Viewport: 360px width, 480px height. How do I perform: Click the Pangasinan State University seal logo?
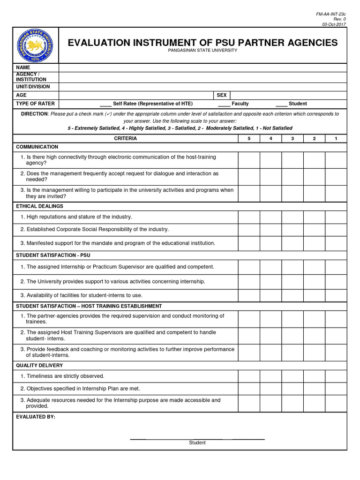[x=35, y=45]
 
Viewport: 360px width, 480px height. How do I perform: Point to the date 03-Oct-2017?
[x=334, y=23]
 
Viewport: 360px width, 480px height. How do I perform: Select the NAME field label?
[x=23, y=67]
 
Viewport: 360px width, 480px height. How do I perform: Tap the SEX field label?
[x=221, y=95]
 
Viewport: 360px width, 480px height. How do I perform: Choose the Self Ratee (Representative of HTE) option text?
[x=153, y=104]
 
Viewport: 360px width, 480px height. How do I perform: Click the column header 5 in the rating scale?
[x=249, y=138]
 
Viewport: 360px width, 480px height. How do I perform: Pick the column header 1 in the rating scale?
[x=336, y=138]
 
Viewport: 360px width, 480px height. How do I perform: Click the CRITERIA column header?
[x=126, y=138]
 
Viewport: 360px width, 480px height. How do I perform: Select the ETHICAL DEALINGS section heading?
[x=39, y=206]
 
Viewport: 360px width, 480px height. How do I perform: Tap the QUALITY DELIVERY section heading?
[x=39, y=365]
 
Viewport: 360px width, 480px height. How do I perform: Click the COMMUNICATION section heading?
[x=37, y=147]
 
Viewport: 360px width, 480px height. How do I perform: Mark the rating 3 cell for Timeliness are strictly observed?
[x=292, y=376]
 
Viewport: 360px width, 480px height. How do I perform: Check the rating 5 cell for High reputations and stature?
[x=249, y=217]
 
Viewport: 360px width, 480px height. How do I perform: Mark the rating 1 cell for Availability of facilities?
[x=336, y=295]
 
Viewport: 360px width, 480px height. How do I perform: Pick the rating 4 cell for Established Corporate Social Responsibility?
[x=270, y=230]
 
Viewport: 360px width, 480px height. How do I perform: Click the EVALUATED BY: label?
[x=36, y=417]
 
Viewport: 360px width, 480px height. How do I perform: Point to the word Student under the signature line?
[x=197, y=442]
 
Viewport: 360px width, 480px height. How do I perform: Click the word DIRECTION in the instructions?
[x=34, y=114]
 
